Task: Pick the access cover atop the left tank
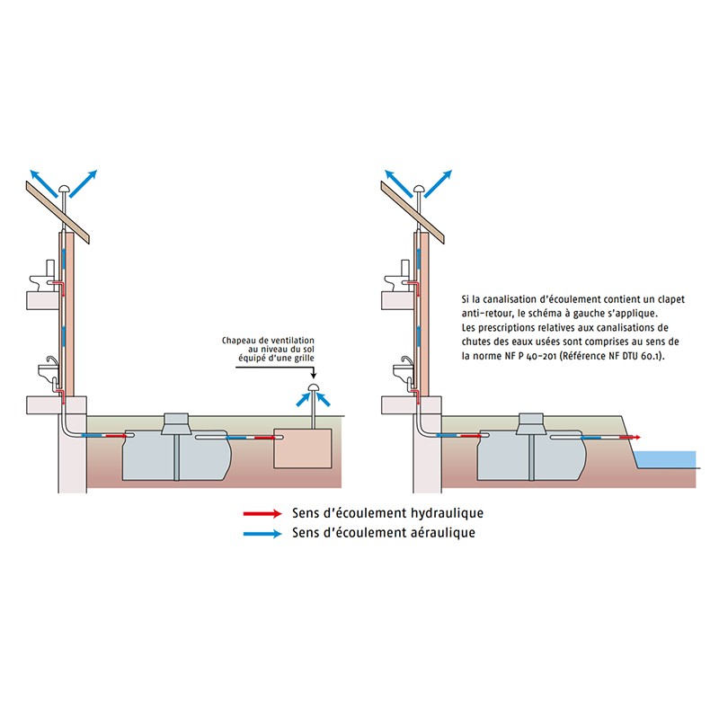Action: pyautogui.click(x=176, y=422)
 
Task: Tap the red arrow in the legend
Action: pyautogui.click(x=263, y=514)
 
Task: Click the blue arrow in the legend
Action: pyautogui.click(x=263, y=533)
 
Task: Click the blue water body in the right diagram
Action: pyautogui.click(x=670, y=458)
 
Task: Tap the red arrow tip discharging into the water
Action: pyautogui.click(x=635, y=437)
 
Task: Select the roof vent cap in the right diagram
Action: pyautogui.click(x=417, y=187)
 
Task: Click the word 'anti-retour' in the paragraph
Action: pyautogui.click(x=486, y=313)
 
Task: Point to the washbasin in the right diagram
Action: pyautogui.click(x=397, y=369)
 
